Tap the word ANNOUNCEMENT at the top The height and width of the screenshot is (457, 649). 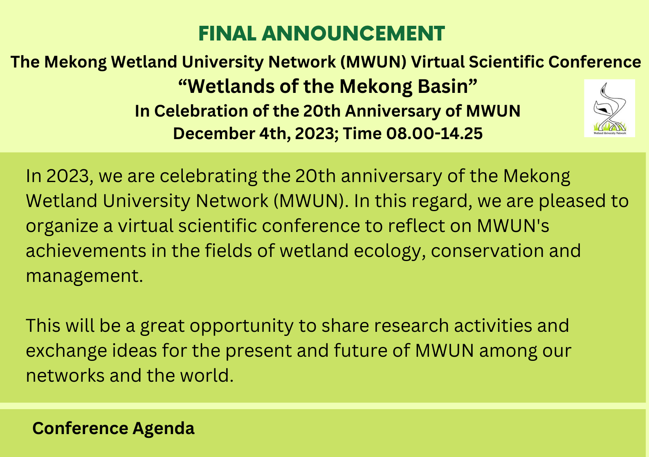[x=353, y=34]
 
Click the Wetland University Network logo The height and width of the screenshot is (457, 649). [x=610, y=108]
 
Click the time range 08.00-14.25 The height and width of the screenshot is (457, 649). [x=434, y=134]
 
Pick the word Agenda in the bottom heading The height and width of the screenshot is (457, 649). [x=164, y=429]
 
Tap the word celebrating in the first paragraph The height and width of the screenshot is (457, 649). [x=208, y=176]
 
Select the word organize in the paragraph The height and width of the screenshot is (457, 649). [x=62, y=226]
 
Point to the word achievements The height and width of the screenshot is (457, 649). [x=86, y=251]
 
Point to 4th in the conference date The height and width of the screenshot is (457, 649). [x=275, y=134]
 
